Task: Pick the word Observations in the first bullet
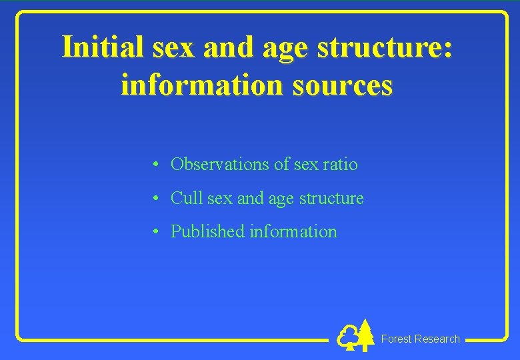click(x=220, y=164)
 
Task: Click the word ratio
click(x=340, y=164)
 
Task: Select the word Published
click(x=207, y=231)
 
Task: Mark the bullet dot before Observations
click(x=154, y=165)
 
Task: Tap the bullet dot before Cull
click(x=154, y=199)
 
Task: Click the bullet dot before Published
click(x=154, y=232)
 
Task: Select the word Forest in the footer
click(x=396, y=339)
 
